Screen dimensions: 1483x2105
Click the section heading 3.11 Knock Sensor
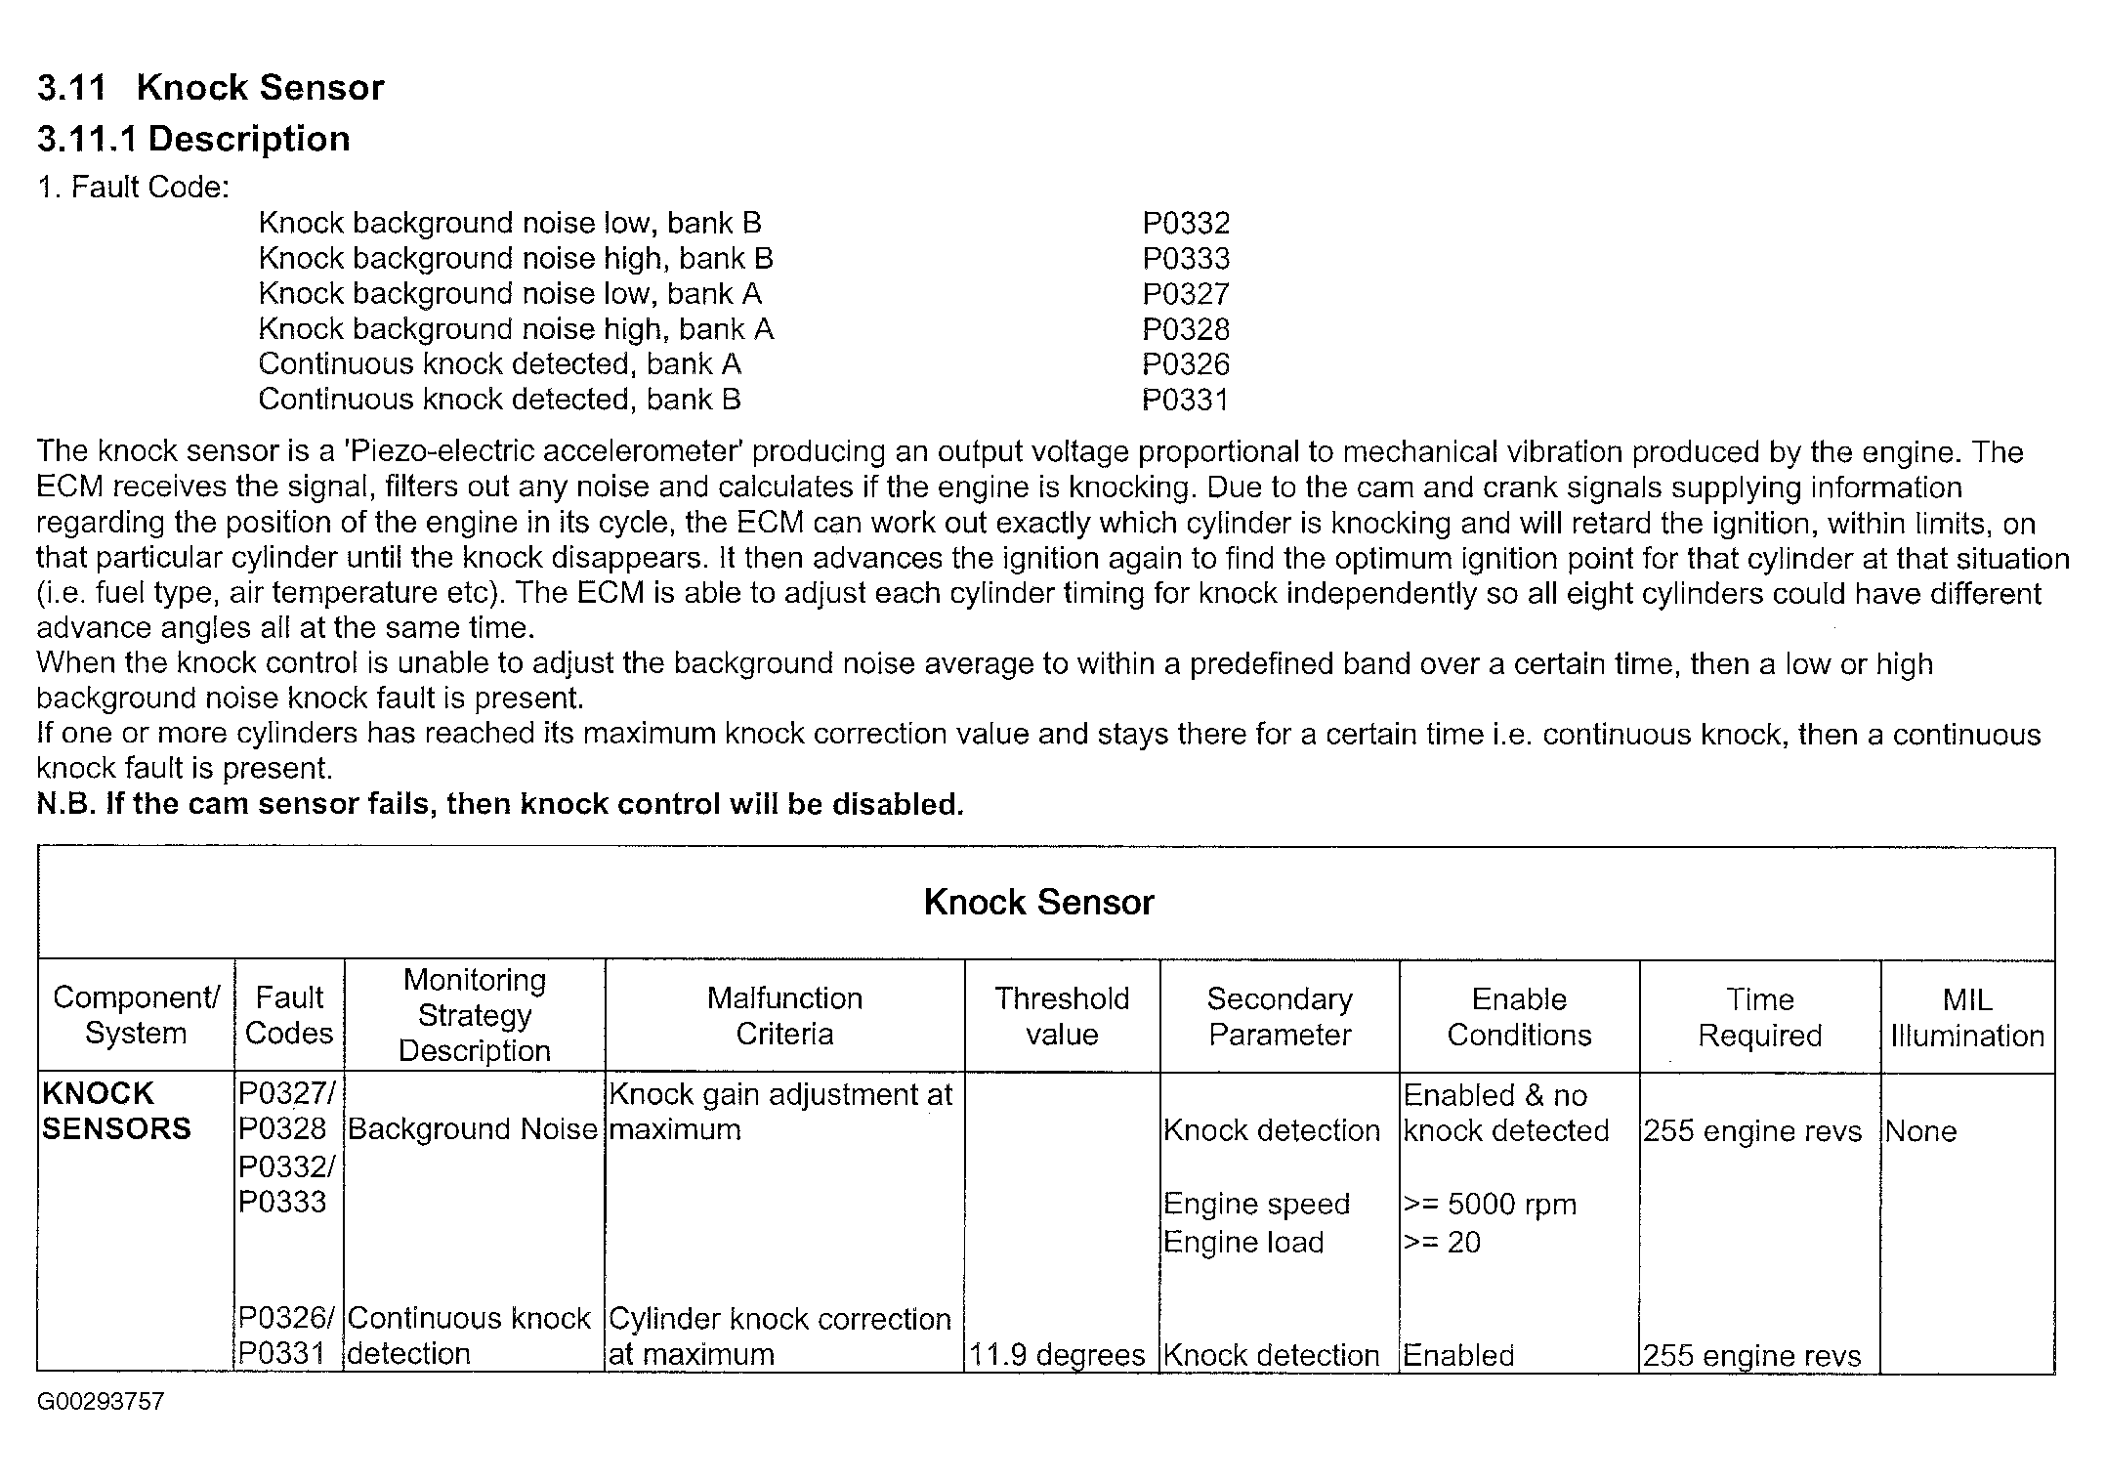tap(210, 88)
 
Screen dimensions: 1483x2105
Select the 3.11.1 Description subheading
tap(193, 139)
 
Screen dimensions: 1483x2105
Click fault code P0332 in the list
tap(1185, 224)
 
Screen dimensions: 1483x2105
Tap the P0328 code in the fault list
tap(1185, 329)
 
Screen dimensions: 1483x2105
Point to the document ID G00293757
tap(101, 1402)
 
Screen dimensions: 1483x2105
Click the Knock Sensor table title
tap(1038, 902)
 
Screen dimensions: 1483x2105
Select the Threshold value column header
tap(1062, 1016)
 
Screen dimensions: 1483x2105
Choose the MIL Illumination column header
tap(1966, 1017)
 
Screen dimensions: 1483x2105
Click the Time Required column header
tap(1759, 1017)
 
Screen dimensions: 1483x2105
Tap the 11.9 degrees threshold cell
tap(1056, 1355)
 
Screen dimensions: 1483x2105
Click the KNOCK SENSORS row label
tap(116, 1111)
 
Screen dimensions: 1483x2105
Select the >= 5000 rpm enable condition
tap(1490, 1205)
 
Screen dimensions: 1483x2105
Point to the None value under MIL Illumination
tap(1920, 1131)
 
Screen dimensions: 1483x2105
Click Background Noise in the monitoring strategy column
tap(472, 1129)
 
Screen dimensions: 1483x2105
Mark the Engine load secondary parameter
tap(1243, 1243)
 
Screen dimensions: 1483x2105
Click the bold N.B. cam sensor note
tap(500, 804)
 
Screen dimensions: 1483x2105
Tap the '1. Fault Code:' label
tap(133, 187)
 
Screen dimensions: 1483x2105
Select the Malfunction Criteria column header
tap(784, 1016)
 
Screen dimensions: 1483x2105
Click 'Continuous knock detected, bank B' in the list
tap(499, 400)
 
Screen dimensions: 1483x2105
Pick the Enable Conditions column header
tap(1519, 1017)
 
